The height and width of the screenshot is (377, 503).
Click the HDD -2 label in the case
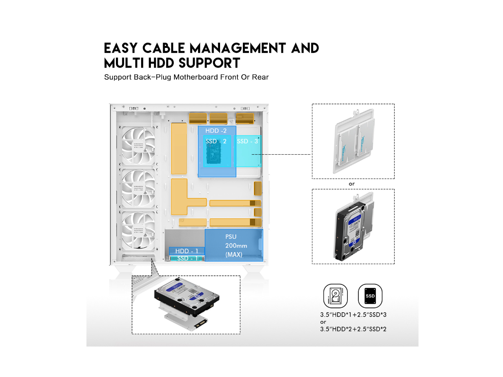click(x=216, y=131)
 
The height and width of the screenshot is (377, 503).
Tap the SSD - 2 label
click(x=216, y=141)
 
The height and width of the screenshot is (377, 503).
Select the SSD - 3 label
click(x=247, y=141)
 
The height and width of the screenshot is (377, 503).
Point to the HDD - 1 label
click(x=187, y=251)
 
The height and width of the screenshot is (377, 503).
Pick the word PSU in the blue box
click(x=231, y=237)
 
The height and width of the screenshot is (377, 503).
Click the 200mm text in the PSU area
click(x=236, y=246)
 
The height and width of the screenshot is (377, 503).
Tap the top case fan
click(x=138, y=145)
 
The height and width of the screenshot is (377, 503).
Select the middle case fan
click(x=138, y=188)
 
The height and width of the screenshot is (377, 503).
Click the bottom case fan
click(x=138, y=231)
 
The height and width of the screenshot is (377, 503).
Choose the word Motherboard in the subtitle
click(x=195, y=77)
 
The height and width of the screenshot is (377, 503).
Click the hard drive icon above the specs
click(x=335, y=296)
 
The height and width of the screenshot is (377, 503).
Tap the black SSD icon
click(x=370, y=296)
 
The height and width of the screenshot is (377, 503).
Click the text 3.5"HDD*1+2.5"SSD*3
click(x=353, y=315)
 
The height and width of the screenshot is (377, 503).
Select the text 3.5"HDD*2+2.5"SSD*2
click(x=353, y=329)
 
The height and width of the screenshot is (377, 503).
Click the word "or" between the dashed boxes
click(x=352, y=184)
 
